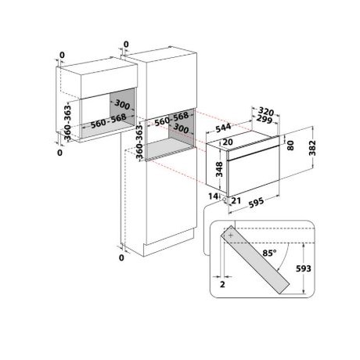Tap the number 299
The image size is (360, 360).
(x=265, y=122)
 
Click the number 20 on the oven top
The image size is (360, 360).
(x=227, y=142)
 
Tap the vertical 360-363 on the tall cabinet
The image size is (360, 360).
(x=139, y=142)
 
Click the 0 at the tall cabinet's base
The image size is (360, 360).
(x=123, y=257)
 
